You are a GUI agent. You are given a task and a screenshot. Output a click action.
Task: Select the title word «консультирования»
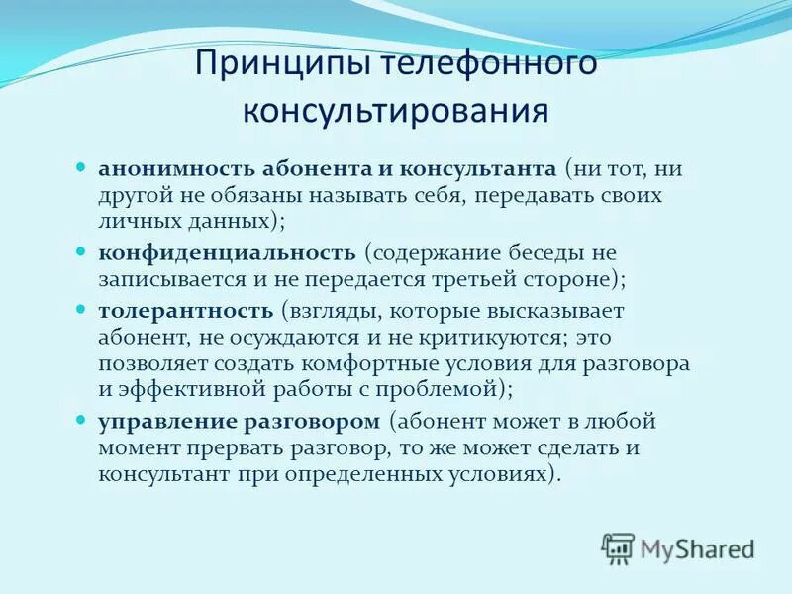point(396,109)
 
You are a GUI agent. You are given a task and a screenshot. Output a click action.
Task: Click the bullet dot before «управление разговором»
point(82,421)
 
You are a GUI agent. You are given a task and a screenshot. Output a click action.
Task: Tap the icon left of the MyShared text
point(618,547)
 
